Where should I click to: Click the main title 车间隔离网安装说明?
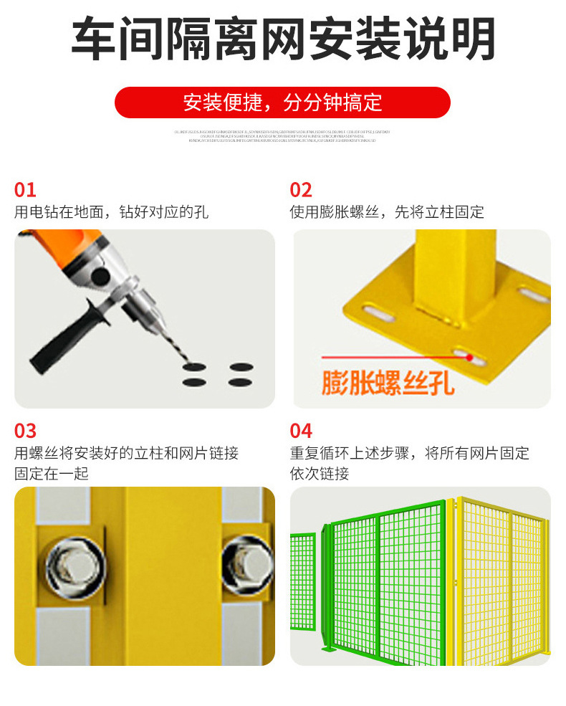point(283,39)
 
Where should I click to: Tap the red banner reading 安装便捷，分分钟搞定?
point(283,102)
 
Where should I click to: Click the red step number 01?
point(25,190)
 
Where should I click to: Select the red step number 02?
point(301,190)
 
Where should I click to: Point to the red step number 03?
point(25,431)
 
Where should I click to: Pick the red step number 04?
point(301,431)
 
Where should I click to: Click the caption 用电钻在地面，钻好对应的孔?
point(111,212)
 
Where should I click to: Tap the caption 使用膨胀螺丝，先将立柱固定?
point(387,212)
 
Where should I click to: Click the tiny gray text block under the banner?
point(283,136)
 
